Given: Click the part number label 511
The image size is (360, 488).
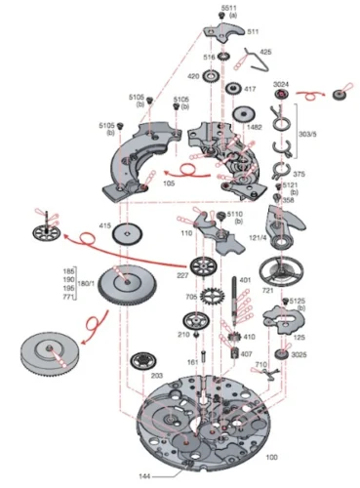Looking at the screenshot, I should coord(255,32).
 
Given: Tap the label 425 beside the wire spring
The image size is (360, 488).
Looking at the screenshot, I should coord(265,52).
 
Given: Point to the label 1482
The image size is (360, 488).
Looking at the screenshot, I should coord(254,127).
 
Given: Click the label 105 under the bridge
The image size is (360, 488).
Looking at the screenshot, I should coord(170,182).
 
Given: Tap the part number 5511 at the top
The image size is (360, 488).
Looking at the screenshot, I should coord(227,8).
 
